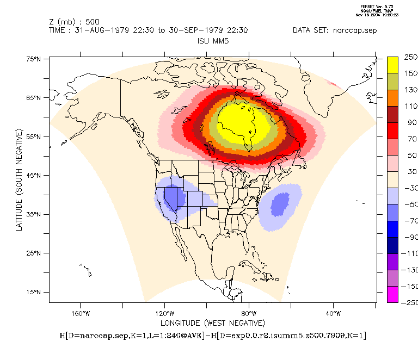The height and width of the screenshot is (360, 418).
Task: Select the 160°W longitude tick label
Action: click(x=80, y=313)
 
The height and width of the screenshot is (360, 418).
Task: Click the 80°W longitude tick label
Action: click(x=249, y=313)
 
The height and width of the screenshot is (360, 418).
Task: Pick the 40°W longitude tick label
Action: click(x=333, y=313)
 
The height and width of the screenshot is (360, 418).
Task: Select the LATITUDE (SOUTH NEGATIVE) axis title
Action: click(x=19, y=179)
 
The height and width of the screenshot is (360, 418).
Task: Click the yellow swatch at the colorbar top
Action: click(x=392, y=64)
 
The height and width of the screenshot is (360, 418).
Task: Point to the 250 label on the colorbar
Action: click(x=410, y=57)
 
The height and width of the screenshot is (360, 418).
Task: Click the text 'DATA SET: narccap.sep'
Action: click(x=334, y=30)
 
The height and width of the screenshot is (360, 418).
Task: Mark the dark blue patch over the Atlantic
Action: click(x=280, y=204)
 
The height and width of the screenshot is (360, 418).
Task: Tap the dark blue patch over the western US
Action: click(x=173, y=197)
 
